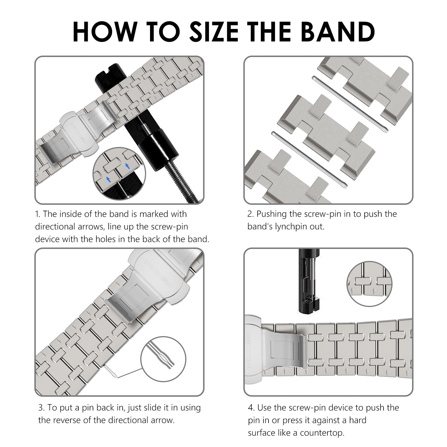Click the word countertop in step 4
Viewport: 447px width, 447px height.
pos(322,433)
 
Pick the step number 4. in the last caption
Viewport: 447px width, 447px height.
pos(251,408)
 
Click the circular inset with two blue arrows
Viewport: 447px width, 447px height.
pos(119,174)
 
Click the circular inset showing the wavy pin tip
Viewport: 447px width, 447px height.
pos(163,359)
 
